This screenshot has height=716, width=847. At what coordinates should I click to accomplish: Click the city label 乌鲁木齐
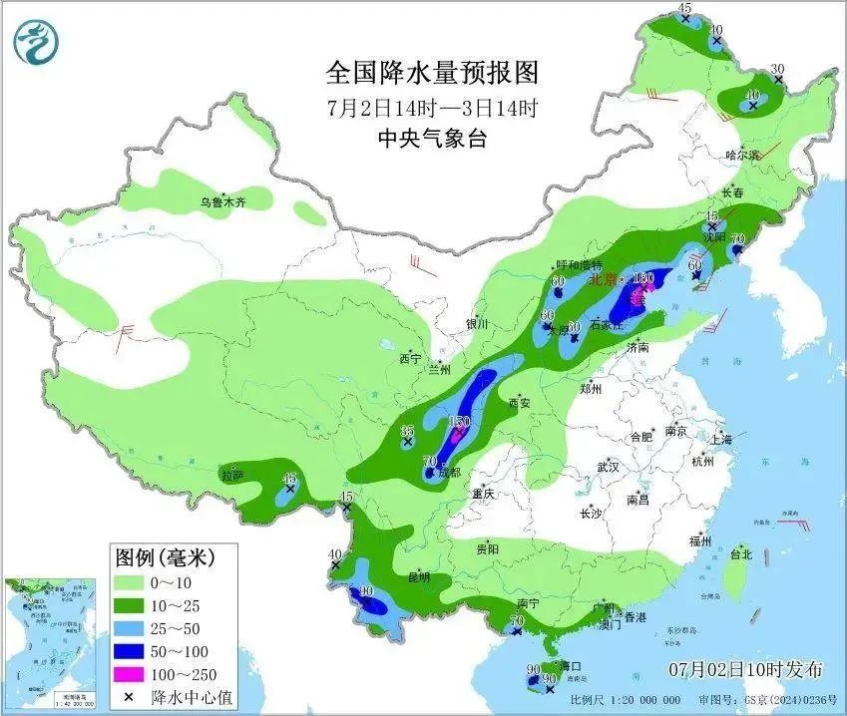tap(222, 201)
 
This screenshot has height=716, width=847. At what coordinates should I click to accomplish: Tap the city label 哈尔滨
tap(742, 156)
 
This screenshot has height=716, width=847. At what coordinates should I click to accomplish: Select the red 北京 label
tap(604, 280)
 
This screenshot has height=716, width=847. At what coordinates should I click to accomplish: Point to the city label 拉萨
tap(232, 477)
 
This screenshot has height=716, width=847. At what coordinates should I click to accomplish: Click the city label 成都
tap(448, 472)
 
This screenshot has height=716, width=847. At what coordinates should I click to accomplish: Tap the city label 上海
tap(720, 439)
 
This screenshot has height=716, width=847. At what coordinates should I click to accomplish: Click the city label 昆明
tap(418, 576)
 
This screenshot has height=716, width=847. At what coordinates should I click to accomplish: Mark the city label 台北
tap(741, 554)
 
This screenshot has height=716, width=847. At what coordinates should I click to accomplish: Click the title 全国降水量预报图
tap(432, 73)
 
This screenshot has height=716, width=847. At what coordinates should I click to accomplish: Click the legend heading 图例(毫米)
tap(165, 555)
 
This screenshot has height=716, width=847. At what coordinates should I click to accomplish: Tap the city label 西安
tap(520, 403)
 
